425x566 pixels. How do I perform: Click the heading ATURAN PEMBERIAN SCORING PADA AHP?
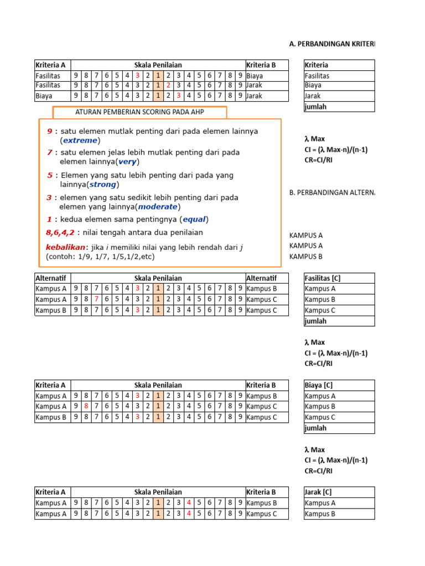tap(139, 113)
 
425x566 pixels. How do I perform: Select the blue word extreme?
tap(81, 140)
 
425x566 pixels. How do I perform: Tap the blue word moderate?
tap(158, 207)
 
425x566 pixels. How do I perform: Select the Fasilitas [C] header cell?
tap(324, 278)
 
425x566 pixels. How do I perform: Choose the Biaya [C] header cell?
tap(319, 385)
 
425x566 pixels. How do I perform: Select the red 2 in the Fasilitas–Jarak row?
tap(168, 86)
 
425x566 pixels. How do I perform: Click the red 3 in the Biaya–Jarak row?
tap(178, 96)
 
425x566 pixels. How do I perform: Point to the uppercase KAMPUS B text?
tap(306, 256)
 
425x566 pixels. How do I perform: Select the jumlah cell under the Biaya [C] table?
tap(316, 428)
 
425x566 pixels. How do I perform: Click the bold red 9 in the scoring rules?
tap(50, 132)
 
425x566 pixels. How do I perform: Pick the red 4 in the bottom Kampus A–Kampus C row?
tap(189, 513)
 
